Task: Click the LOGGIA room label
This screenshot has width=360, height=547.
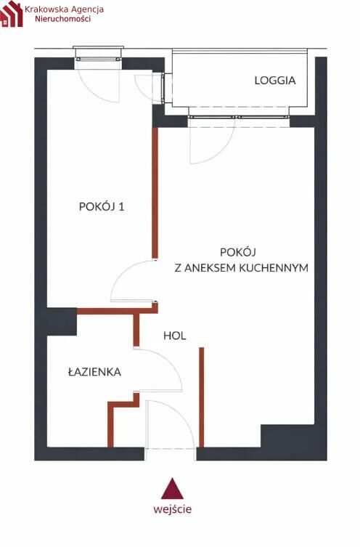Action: click(x=275, y=80)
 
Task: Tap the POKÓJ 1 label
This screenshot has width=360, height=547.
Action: click(x=102, y=206)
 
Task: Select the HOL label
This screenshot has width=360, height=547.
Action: click(x=175, y=336)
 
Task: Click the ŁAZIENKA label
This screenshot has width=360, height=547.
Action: click(x=94, y=371)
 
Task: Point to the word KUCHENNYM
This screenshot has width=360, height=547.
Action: click(x=274, y=268)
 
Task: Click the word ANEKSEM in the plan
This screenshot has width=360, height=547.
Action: click(x=210, y=268)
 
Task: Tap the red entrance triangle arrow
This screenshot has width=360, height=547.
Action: click(x=172, y=488)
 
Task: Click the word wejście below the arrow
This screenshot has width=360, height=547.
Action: click(x=173, y=509)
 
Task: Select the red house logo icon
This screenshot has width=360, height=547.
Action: click(x=11, y=14)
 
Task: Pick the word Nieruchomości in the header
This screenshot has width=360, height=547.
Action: click(x=63, y=19)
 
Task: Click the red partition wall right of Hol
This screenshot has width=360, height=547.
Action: click(x=202, y=397)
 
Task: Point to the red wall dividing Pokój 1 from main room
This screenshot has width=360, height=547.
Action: click(x=155, y=193)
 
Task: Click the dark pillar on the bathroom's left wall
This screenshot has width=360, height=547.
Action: click(x=62, y=321)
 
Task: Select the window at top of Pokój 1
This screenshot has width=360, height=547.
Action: click(x=99, y=59)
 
